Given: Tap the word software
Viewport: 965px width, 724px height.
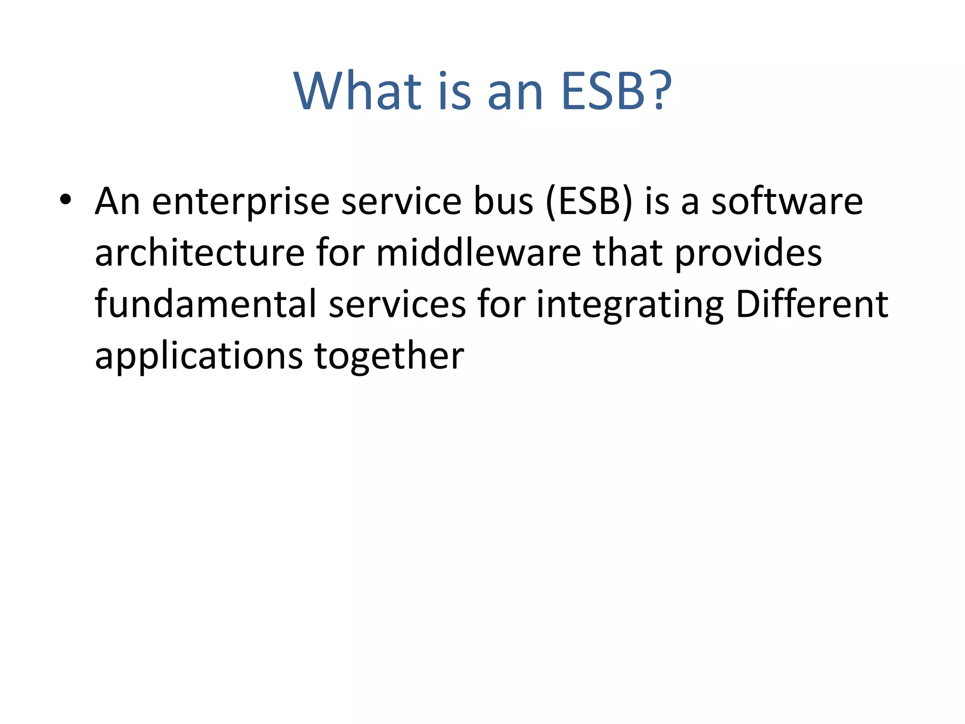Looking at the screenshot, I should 786,201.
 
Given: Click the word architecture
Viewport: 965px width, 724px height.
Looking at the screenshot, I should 200,253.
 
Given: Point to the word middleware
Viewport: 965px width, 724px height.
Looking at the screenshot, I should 478,253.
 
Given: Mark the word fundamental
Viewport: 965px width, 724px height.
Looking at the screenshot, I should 205,304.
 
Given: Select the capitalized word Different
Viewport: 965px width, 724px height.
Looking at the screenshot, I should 812,304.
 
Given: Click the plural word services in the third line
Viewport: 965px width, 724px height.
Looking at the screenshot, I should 397,305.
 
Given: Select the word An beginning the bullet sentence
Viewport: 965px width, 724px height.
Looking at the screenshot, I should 117,201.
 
